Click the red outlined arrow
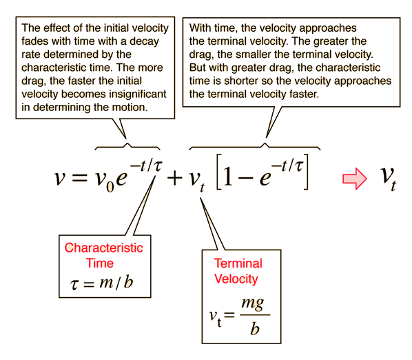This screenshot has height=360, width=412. [355, 179]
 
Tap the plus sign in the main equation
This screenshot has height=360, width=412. [174, 178]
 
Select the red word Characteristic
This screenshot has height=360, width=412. [104, 248]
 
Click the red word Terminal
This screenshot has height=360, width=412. [238, 263]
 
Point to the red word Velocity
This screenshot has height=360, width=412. [236, 279]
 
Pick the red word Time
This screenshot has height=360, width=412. [100, 263]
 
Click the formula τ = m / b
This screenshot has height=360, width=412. [102, 283]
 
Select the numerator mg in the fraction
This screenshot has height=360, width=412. [253, 304]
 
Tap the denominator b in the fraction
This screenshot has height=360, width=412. [255, 329]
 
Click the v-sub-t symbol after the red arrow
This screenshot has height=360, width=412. [389, 178]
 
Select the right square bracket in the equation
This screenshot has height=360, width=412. [306, 172]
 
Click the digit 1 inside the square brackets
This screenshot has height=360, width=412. [228, 176]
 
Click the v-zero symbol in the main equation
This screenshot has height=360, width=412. [104, 181]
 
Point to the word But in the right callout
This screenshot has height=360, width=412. [197, 68]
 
